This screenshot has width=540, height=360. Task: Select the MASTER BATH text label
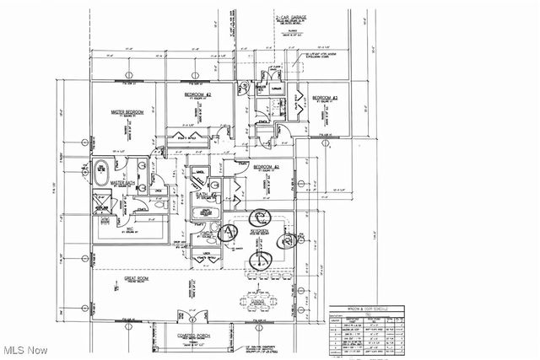[124, 182]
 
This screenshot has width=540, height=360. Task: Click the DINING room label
[258, 299]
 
